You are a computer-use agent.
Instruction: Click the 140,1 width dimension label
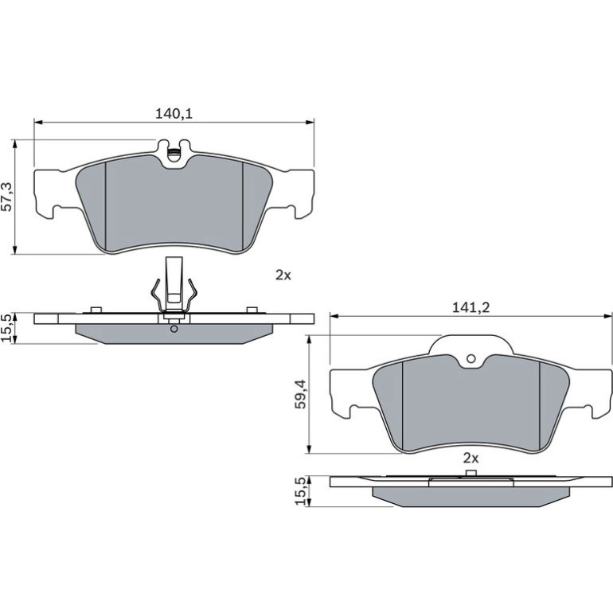174,114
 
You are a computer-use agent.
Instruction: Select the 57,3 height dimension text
6,197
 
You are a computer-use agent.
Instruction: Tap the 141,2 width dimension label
470,307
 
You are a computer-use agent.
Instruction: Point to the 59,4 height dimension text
300,394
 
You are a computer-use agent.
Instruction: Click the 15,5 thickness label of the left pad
6,328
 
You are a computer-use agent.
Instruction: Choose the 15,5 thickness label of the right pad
301,491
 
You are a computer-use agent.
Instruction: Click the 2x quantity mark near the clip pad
283,275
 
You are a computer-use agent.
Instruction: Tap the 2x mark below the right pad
470,458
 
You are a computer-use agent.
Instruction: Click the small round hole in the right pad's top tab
471,358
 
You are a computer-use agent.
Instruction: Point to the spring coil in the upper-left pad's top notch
174,152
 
